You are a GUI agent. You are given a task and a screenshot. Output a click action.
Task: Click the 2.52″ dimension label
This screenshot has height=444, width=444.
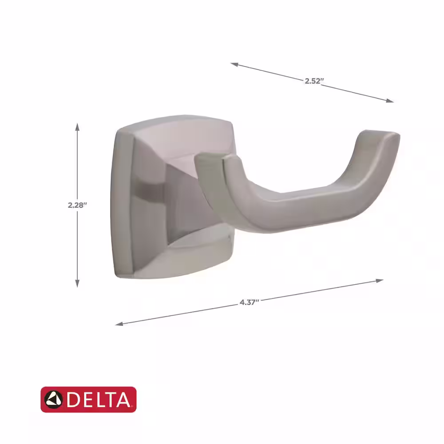click(x=314, y=81)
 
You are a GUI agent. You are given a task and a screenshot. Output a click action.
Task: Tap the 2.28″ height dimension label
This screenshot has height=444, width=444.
click(x=77, y=205)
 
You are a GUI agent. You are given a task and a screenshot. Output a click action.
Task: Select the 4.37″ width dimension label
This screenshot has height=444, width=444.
click(x=250, y=302)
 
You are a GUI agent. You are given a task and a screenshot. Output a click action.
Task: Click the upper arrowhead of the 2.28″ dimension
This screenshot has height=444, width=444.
click(x=77, y=127)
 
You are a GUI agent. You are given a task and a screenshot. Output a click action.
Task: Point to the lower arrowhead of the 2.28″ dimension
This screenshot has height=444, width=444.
click(x=77, y=283)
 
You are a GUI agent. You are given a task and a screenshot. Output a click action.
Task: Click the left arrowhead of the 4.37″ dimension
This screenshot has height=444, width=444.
click(x=119, y=324)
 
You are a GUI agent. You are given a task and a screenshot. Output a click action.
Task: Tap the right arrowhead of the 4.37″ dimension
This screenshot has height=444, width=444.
click(x=380, y=281)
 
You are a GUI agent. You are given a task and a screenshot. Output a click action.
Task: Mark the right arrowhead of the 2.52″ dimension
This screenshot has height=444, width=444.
click(x=390, y=100)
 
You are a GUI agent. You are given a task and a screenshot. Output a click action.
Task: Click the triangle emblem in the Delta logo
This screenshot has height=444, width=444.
click(x=54, y=399)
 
